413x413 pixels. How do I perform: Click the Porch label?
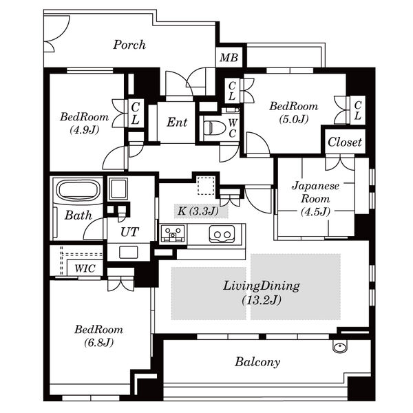[x=129, y=45]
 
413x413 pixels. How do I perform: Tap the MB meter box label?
[x=229, y=57]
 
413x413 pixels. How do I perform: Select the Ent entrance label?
[x=177, y=123]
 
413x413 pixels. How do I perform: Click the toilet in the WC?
[x=215, y=128]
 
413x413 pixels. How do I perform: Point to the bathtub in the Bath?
[x=78, y=190]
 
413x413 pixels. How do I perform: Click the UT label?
[x=129, y=232]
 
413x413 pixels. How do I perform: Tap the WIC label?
[x=85, y=268]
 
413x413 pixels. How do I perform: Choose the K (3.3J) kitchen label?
[x=198, y=211]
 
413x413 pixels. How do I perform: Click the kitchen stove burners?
[x=173, y=233]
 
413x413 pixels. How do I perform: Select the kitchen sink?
[x=222, y=234]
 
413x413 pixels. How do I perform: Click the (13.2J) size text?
[x=262, y=300]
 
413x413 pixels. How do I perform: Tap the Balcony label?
[x=257, y=361]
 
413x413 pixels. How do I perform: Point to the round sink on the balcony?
[x=340, y=346]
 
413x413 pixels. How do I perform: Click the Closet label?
[x=345, y=142]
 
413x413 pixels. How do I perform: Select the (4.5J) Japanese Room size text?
[x=315, y=211]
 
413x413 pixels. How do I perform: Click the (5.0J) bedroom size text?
[x=294, y=119]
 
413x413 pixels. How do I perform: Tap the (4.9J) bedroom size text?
[x=84, y=130]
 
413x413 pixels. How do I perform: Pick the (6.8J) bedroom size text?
[x=98, y=342]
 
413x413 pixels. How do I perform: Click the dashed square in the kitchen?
[x=206, y=187]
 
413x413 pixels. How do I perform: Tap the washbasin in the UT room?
[x=128, y=252]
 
